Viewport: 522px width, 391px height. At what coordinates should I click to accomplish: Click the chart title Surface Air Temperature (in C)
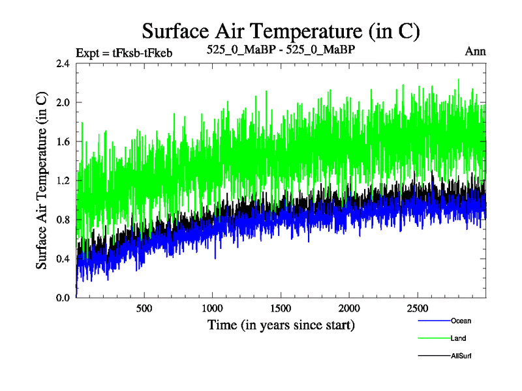pos(281,31)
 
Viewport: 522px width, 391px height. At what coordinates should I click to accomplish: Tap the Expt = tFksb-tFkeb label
pos(125,52)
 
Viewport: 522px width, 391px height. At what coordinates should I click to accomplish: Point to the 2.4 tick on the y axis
pos(64,64)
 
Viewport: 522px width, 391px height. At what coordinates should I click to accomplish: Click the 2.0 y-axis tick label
pos(64,103)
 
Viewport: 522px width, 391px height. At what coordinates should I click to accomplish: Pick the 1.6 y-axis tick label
pos(64,142)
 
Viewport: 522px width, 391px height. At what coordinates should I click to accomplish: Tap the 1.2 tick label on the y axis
pos(64,181)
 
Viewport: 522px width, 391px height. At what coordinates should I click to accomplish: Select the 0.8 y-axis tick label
pos(64,220)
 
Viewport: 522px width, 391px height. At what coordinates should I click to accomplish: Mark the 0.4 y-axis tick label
pos(64,259)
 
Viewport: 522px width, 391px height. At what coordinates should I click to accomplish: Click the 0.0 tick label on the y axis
pos(64,298)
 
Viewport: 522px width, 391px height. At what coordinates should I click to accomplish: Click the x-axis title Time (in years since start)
pos(281,325)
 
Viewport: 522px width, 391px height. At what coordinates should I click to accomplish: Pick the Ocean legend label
pos(461,321)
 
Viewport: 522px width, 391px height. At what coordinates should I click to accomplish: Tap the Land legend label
pos(458,338)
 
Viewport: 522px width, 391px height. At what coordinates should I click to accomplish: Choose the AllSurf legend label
pos(461,356)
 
